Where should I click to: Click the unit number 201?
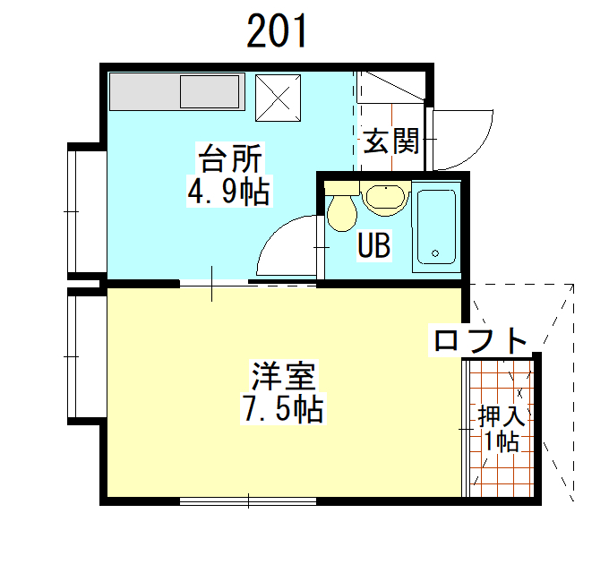tap(277, 31)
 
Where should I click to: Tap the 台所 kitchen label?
tap(230, 158)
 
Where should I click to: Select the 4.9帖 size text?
tap(229, 191)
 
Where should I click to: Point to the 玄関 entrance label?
tap(390, 141)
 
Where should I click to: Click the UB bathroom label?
tap(374, 245)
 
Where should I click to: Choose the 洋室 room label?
tap(284, 376)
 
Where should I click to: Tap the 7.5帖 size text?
tap(283, 408)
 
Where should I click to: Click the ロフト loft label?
tap(480, 341)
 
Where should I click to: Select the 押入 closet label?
tap(502, 415)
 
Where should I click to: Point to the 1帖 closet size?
tap(502, 441)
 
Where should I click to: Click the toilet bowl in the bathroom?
tap(342, 213)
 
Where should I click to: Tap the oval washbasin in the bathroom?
tap(385, 198)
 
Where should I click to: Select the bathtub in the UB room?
tap(436, 227)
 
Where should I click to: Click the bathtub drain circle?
tap(435, 253)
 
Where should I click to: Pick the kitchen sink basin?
tap(210, 91)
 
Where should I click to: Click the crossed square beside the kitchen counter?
tap(279, 98)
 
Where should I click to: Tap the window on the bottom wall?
tap(248, 501)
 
